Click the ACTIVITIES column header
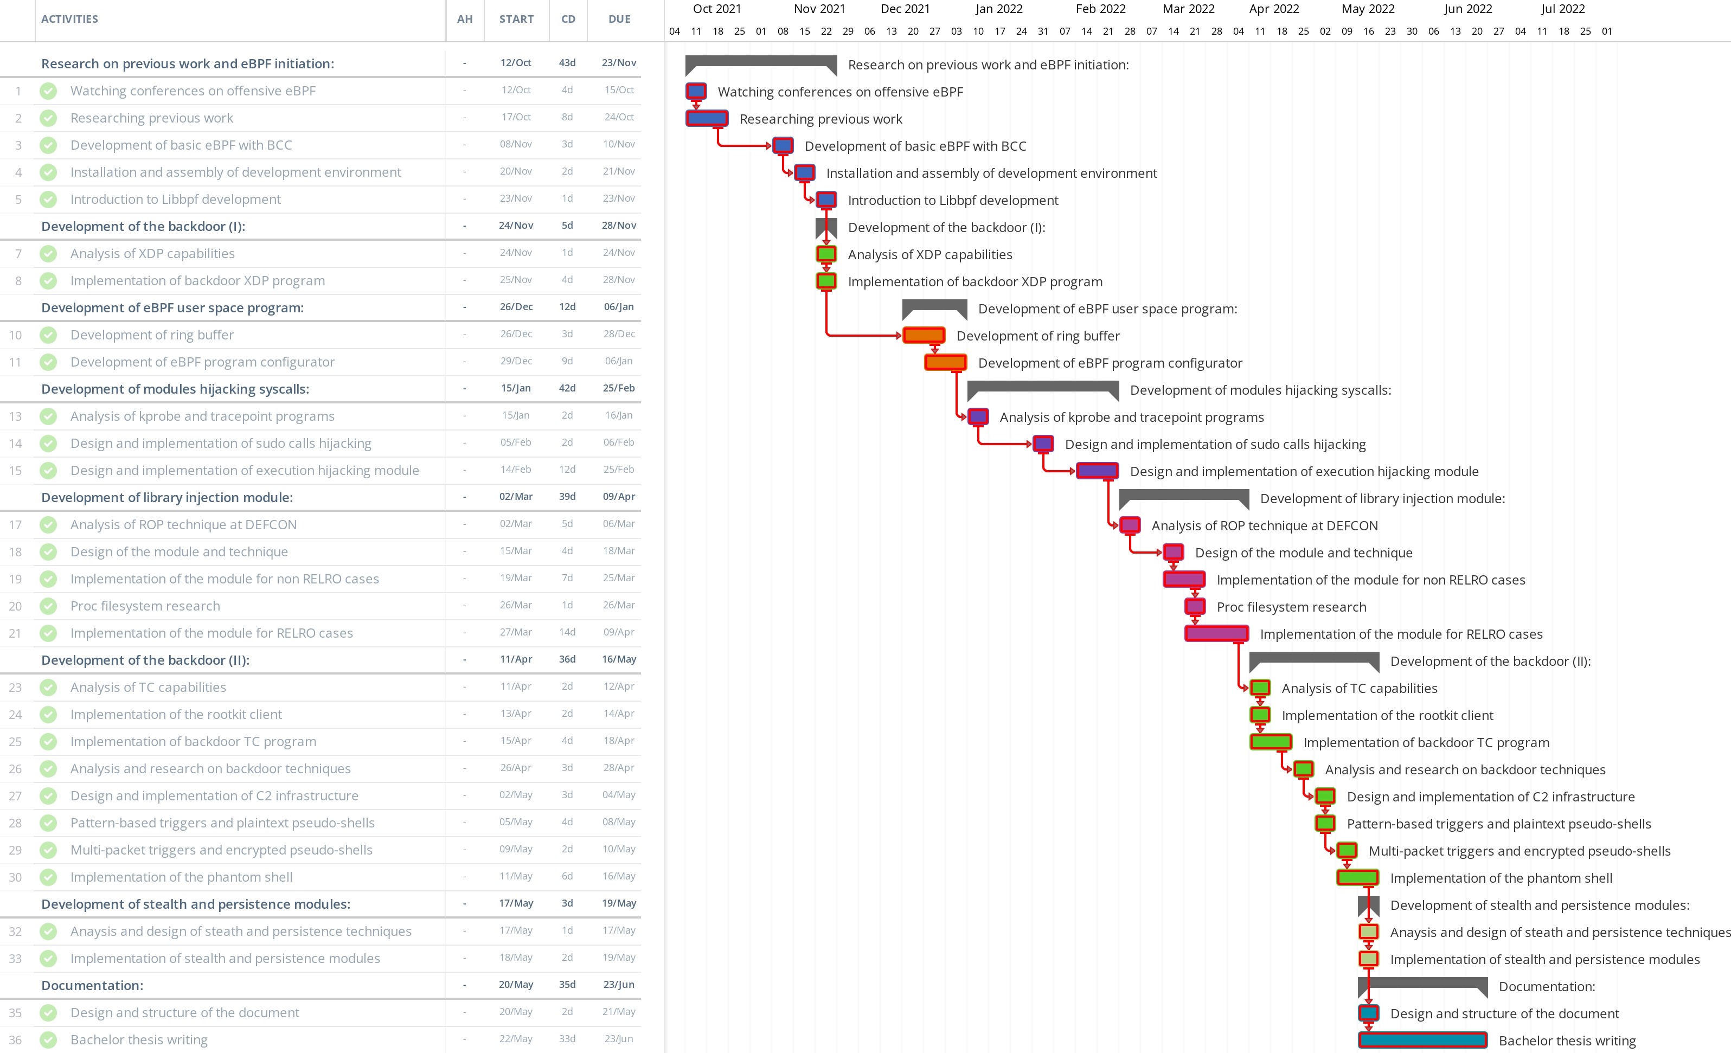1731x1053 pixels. pos(69,19)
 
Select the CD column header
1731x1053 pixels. pos(568,19)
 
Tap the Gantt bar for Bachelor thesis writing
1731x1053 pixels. pos(1422,1039)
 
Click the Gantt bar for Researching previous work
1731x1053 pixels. pos(707,118)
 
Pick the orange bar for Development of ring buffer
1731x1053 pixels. pos(923,335)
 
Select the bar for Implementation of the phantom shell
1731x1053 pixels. pos(1357,877)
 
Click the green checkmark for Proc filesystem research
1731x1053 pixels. pos(48,606)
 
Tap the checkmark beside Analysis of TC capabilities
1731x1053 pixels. pos(48,687)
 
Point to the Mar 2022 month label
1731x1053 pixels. pos(1188,9)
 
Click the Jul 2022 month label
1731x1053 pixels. pos(1562,9)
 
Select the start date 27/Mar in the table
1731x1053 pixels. pos(516,632)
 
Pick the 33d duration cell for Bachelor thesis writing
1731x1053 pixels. pos(567,1039)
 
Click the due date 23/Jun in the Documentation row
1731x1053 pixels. pos(618,985)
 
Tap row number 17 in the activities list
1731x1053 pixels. pos(15,525)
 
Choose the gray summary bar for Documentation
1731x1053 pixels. pos(1422,984)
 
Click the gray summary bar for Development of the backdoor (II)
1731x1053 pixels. pos(1313,658)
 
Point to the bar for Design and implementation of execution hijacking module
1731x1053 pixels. pos(1097,471)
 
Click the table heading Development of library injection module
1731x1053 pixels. pos(167,497)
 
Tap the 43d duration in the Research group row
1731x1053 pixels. pos(567,62)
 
